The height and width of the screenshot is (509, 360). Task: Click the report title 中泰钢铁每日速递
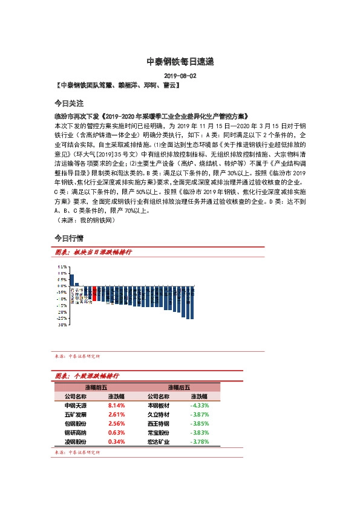tap(180, 62)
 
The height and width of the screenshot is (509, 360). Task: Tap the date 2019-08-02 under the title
tap(180, 76)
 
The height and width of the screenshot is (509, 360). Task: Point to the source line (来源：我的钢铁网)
tap(81, 221)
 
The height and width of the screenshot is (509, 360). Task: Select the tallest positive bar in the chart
tap(71, 280)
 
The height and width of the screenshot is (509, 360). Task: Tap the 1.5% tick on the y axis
tap(62, 267)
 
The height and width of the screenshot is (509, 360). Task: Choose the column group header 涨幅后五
tap(179, 387)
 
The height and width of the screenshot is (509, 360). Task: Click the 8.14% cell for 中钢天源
tap(116, 406)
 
